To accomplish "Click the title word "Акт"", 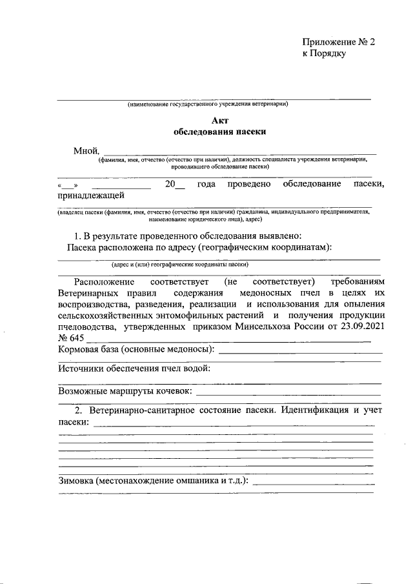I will click(x=219, y=120).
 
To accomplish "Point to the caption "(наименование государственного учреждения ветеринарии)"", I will click(x=207, y=104).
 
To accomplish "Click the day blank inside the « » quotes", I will click(x=67, y=186).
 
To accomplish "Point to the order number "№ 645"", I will click(x=71, y=338).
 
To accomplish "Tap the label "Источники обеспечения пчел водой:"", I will click(x=134, y=368).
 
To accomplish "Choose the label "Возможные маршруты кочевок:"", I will click(x=125, y=390).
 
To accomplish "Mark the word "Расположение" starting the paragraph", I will click(x=104, y=282).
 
